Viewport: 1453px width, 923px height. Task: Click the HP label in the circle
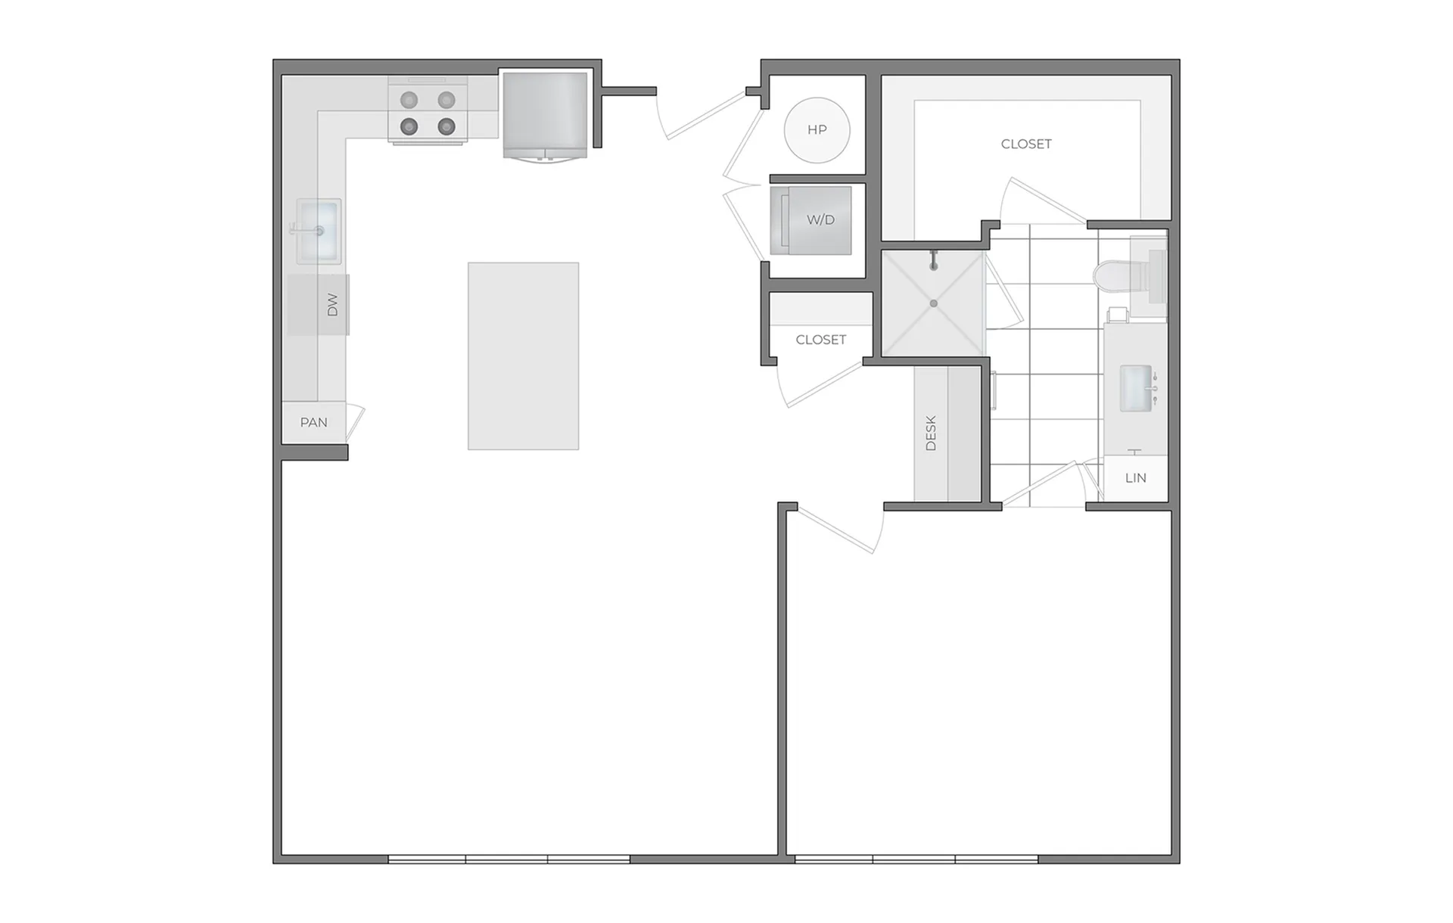tap(817, 129)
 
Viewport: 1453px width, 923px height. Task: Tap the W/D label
tap(820, 220)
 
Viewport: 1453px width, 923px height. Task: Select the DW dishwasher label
tap(332, 305)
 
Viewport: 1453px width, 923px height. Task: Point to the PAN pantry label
tap(313, 422)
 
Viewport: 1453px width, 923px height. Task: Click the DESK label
tap(931, 433)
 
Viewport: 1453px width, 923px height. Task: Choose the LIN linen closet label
tap(1135, 477)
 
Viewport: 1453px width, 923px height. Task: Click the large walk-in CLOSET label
tap(1026, 144)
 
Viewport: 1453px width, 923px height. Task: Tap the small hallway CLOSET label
tap(821, 340)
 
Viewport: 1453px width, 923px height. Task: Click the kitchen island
tap(523, 356)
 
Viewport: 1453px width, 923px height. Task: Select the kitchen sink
tap(319, 231)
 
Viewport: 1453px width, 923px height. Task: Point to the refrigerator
tap(545, 115)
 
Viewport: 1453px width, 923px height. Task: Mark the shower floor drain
tap(934, 303)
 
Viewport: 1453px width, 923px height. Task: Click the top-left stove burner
tap(409, 100)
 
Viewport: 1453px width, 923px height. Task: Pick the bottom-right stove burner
tap(446, 126)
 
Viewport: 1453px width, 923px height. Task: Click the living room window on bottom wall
tap(509, 859)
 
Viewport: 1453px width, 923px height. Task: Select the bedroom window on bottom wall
tap(916, 859)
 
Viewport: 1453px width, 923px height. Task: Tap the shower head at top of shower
tap(935, 259)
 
